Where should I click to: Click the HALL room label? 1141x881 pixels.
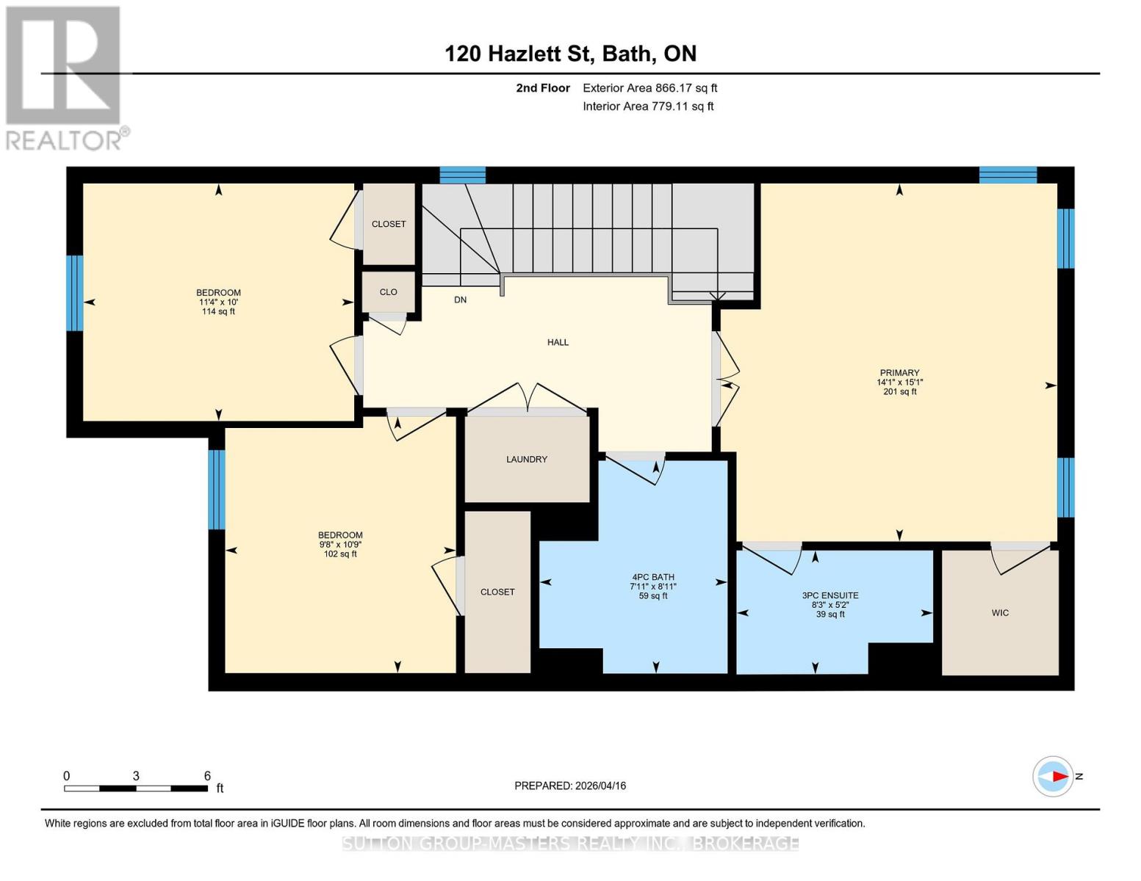click(x=558, y=342)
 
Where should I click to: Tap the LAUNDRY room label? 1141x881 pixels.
click(x=527, y=459)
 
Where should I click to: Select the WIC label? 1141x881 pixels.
click(x=1000, y=613)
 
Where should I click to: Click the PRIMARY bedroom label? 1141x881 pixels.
click(x=899, y=372)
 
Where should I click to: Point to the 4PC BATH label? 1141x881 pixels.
click(x=653, y=576)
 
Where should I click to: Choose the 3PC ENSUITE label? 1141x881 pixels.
click(x=830, y=595)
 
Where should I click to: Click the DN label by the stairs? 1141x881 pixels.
click(x=461, y=300)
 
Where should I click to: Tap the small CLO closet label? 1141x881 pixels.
click(x=389, y=291)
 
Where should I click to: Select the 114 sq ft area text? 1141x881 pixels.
click(x=218, y=311)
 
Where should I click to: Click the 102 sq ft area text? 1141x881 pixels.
click(x=340, y=554)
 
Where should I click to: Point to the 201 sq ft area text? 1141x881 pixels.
click(x=899, y=391)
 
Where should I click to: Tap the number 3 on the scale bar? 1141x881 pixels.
click(x=136, y=775)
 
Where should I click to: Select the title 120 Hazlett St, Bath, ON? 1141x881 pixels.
click(x=570, y=54)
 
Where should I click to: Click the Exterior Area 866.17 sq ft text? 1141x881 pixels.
click(x=650, y=88)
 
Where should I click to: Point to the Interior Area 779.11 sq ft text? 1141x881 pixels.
click(x=649, y=106)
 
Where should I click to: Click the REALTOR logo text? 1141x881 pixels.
click(x=65, y=141)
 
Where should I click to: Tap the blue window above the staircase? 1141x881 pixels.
click(x=463, y=175)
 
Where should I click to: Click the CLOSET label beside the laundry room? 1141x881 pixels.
click(x=497, y=592)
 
